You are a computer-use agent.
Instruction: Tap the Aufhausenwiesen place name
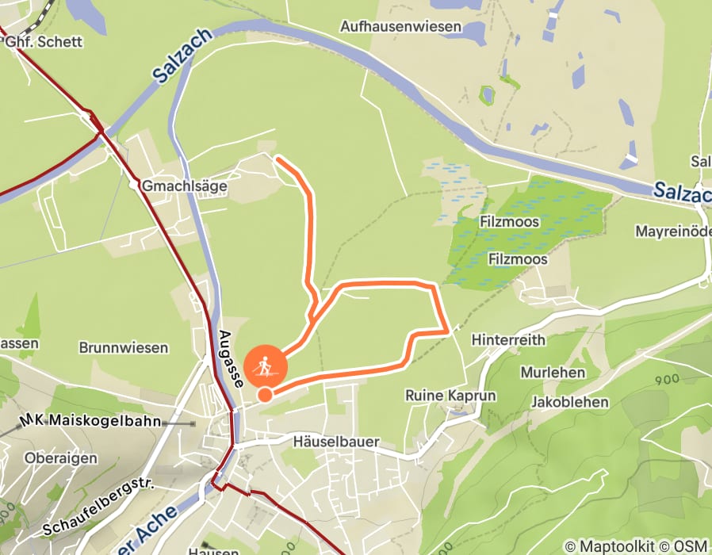click(400, 27)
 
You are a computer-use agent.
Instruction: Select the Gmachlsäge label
click(185, 186)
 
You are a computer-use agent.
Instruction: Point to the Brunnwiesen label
click(124, 347)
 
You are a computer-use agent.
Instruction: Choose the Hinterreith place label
click(508, 339)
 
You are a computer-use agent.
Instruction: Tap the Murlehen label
click(553, 372)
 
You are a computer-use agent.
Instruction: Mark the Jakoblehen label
click(570, 401)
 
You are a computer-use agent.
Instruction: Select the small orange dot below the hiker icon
click(265, 395)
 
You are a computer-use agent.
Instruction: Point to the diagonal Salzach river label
click(182, 56)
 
